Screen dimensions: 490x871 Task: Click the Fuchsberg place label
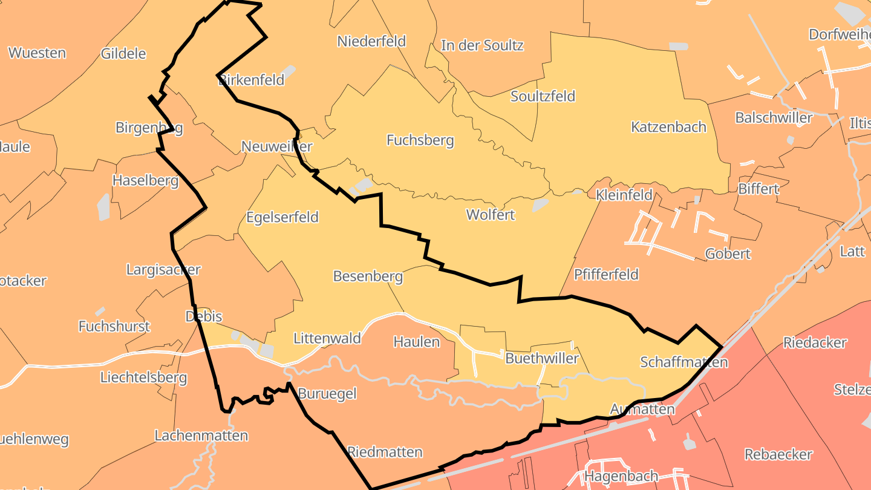(420, 140)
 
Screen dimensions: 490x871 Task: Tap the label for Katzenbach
(668, 127)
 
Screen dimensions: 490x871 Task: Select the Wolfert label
(491, 215)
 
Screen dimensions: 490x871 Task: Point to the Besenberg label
(368, 276)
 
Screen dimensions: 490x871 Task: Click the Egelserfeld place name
(282, 217)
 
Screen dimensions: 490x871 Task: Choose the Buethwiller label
(542, 358)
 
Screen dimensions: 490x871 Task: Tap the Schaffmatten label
(683, 362)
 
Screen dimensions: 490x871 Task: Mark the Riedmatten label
(385, 452)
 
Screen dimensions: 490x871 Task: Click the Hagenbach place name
(621, 476)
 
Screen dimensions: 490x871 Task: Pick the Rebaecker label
(778, 454)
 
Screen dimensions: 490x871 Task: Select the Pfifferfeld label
(606, 275)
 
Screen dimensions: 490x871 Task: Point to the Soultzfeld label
(543, 96)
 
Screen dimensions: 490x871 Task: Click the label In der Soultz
(482, 45)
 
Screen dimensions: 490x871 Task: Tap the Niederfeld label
(371, 41)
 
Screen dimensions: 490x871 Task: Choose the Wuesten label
(38, 53)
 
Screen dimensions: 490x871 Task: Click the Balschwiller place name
(774, 117)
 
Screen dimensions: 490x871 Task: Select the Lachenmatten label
(201, 436)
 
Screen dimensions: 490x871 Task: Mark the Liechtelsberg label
(143, 378)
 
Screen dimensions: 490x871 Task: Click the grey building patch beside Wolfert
(540, 206)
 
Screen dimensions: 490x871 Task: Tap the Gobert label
(728, 254)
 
